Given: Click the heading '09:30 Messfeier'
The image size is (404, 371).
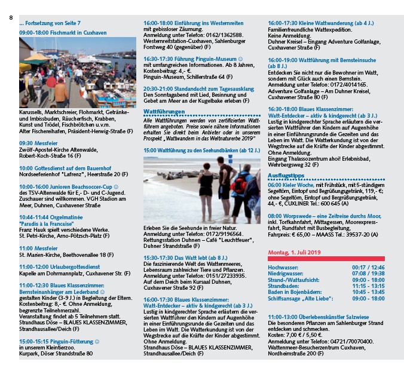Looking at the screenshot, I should click(34, 143).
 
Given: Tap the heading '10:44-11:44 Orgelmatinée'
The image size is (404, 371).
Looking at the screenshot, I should click(50, 217).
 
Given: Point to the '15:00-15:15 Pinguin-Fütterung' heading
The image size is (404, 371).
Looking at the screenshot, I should click(59, 341).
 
